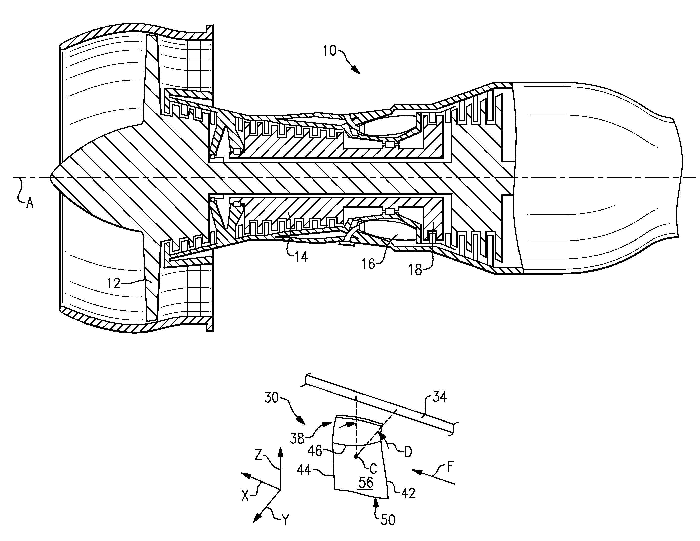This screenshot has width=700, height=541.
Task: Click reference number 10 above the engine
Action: coord(329,51)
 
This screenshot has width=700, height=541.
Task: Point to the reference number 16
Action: coord(368,264)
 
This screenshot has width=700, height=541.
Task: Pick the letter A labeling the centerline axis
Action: coord(30,203)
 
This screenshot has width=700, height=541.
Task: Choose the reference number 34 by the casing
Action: coord(440,397)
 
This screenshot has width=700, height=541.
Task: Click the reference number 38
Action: coord(297,438)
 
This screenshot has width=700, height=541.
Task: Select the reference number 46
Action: coord(315,451)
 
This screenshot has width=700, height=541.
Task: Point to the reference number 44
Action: coord(305,470)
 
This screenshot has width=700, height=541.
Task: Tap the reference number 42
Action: coord(408,493)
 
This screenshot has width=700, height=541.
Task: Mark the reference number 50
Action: coord(388,520)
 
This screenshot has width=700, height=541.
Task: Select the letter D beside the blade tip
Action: coord(408,452)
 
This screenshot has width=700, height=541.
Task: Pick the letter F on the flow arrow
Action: coord(450,468)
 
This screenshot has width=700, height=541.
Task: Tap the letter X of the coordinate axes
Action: coord(245,496)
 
